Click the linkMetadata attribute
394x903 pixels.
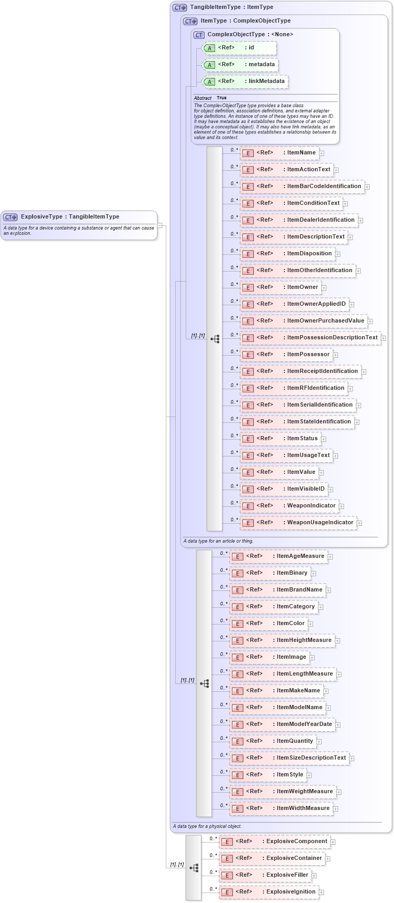tap(245, 81)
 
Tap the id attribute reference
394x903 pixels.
tap(239, 48)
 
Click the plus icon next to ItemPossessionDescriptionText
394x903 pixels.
tap(384, 338)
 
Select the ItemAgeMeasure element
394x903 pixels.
tap(278, 556)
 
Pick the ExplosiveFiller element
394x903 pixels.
tap(265, 875)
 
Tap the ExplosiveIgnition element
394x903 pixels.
tap(269, 892)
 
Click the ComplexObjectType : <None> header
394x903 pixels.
tap(250, 35)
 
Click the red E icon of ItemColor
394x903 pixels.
tap(238, 624)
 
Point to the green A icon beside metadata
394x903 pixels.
tap(209, 65)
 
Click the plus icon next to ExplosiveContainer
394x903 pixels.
tap(328, 859)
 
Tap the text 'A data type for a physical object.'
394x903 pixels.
tap(207, 826)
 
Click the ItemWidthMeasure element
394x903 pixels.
tap(281, 808)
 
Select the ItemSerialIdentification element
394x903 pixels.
tap(297, 405)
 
